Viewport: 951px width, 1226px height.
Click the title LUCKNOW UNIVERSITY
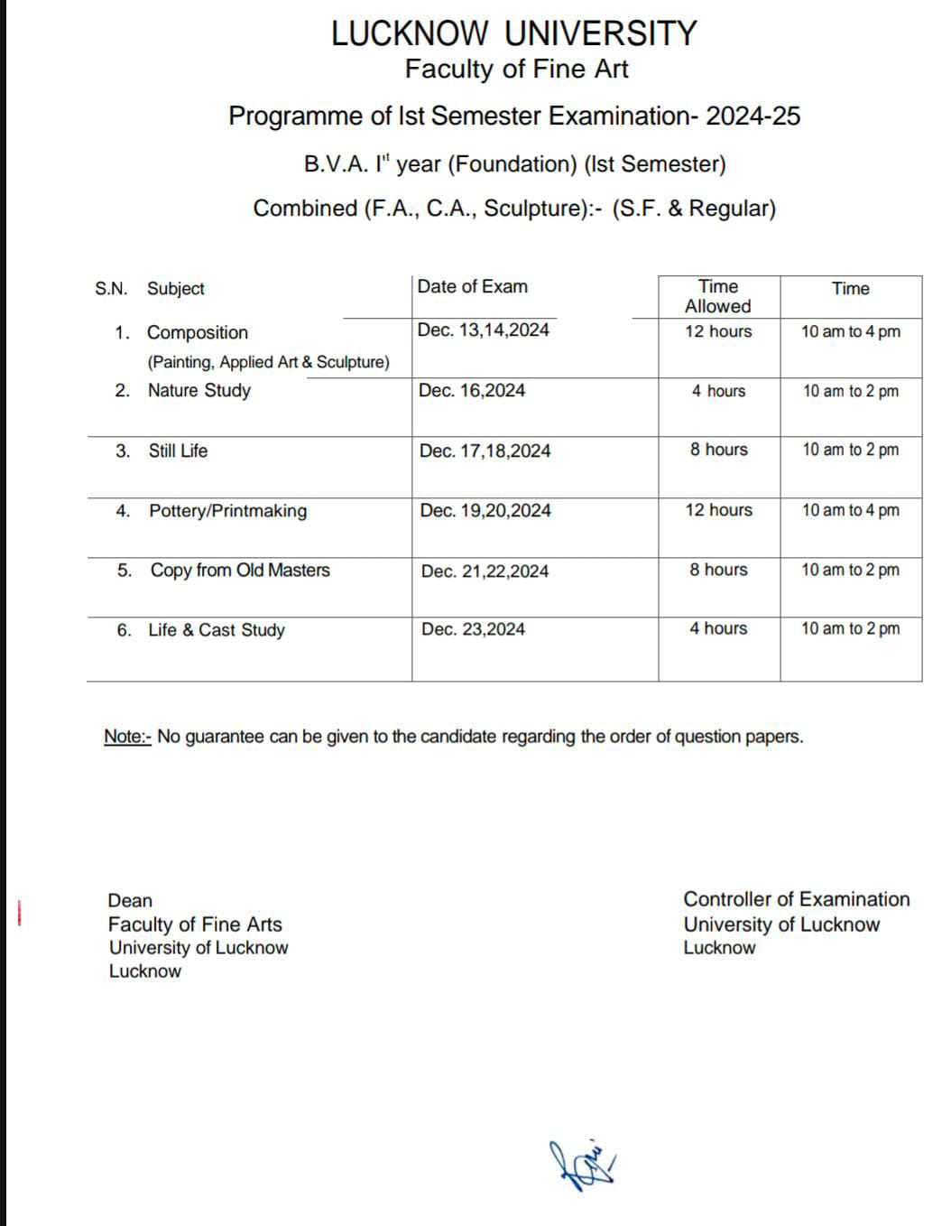pyautogui.click(x=513, y=33)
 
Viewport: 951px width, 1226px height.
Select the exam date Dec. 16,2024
pyautogui.click(x=471, y=390)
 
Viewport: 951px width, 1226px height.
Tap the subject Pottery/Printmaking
pyautogui.click(x=227, y=511)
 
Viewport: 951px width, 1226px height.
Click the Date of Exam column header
pyautogui.click(x=472, y=286)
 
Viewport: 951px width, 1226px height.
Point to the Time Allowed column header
pyautogui.click(x=718, y=296)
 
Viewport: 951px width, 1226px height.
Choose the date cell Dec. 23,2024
pyautogui.click(x=473, y=629)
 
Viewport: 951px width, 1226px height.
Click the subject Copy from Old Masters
pyautogui.click(x=240, y=571)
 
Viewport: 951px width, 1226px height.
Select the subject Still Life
pyautogui.click(x=178, y=450)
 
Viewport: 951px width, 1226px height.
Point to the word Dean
pyautogui.click(x=130, y=900)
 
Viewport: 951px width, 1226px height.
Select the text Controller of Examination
pyautogui.click(x=796, y=899)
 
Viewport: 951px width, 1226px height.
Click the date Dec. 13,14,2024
pyautogui.click(x=483, y=330)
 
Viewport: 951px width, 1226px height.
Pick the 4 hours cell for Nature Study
pyautogui.click(x=718, y=391)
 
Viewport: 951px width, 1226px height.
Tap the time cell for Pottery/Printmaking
pyautogui.click(x=850, y=510)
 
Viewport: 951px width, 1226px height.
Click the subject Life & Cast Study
pyautogui.click(x=217, y=630)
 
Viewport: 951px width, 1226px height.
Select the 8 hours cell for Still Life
pyautogui.click(x=718, y=450)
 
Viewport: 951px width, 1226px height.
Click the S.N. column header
pyautogui.click(x=111, y=289)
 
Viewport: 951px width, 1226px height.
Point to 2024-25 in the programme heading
pyautogui.click(x=752, y=116)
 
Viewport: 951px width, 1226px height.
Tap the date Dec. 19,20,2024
pyautogui.click(x=485, y=510)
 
